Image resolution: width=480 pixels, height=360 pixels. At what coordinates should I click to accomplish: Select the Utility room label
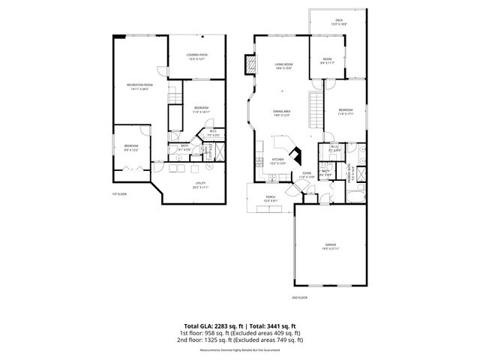(x=200, y=184)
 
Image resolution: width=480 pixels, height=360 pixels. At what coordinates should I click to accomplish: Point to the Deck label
(x=338, y=22)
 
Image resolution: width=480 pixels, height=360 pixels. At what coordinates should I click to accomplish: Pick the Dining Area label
(x=281, y=112)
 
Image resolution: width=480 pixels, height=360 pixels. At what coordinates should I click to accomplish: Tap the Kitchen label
(x=277, y=160)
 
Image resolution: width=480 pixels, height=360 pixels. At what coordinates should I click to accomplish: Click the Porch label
(x=270, y=199)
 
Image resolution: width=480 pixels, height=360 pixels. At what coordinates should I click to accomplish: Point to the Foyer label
(x=307, y=175)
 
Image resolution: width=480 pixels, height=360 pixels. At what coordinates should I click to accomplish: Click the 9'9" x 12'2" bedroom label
(x=131, y=148)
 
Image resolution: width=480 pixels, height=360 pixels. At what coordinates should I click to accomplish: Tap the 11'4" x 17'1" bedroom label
(x=345, y=112)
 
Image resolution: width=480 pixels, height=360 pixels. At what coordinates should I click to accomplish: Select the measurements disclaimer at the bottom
(x=240, y=350)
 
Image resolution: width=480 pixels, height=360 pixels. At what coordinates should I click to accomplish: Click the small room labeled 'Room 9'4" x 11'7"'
(x=328, y=61)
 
